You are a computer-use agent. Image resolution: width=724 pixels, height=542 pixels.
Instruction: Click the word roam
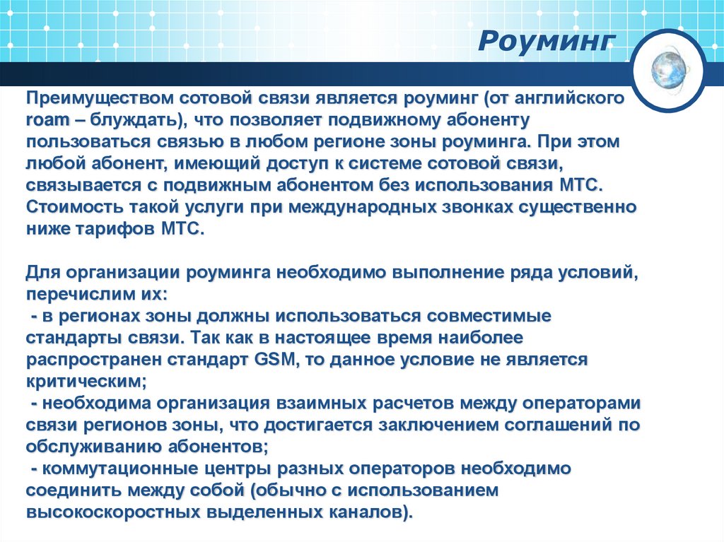pyautogui.click(x=45, y=120)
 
